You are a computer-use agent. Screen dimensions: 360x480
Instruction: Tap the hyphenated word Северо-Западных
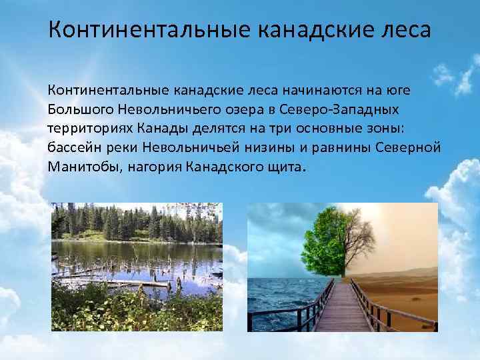(327, 109)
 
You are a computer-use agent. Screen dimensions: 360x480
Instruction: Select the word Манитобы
(83, 166)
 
